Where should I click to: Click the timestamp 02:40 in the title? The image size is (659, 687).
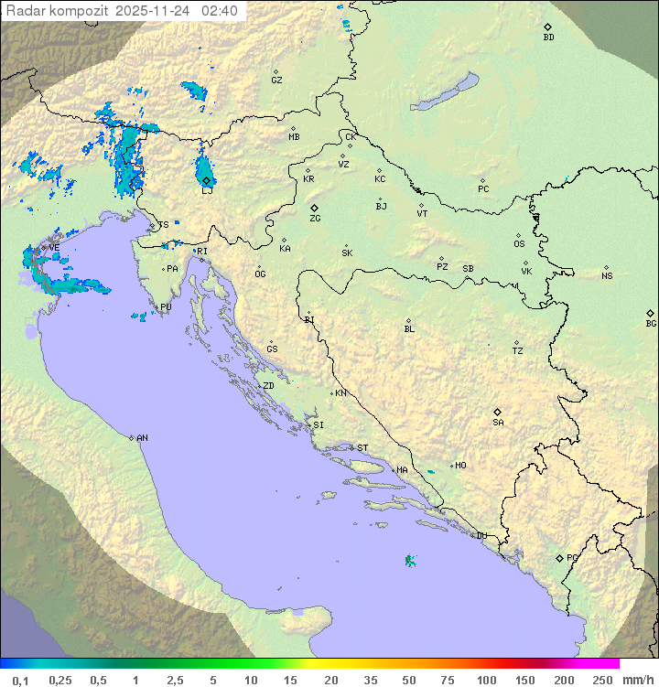point(221,10)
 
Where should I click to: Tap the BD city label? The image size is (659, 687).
point(548,38)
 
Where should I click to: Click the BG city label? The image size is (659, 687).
point(651,323)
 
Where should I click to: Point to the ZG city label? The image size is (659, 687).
point(315,219)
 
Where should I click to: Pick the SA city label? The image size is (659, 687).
point(498,422)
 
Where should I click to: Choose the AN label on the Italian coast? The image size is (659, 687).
point(142,438)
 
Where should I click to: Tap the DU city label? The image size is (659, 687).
point(481,536)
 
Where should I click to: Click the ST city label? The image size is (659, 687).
point(362,448)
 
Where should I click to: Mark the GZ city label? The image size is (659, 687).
point(276,80)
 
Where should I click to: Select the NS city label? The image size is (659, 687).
point(607,275)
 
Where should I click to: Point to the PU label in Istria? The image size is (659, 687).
point(166,307)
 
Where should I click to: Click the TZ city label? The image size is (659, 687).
point(517,350)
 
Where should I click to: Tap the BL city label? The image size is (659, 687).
point(409,328)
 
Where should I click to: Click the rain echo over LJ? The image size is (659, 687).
point(204,170)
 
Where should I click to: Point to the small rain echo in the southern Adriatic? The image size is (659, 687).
point(409,560)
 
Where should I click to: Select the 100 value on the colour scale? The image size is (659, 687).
point(486,680)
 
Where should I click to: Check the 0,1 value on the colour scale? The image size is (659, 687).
point(20,680)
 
